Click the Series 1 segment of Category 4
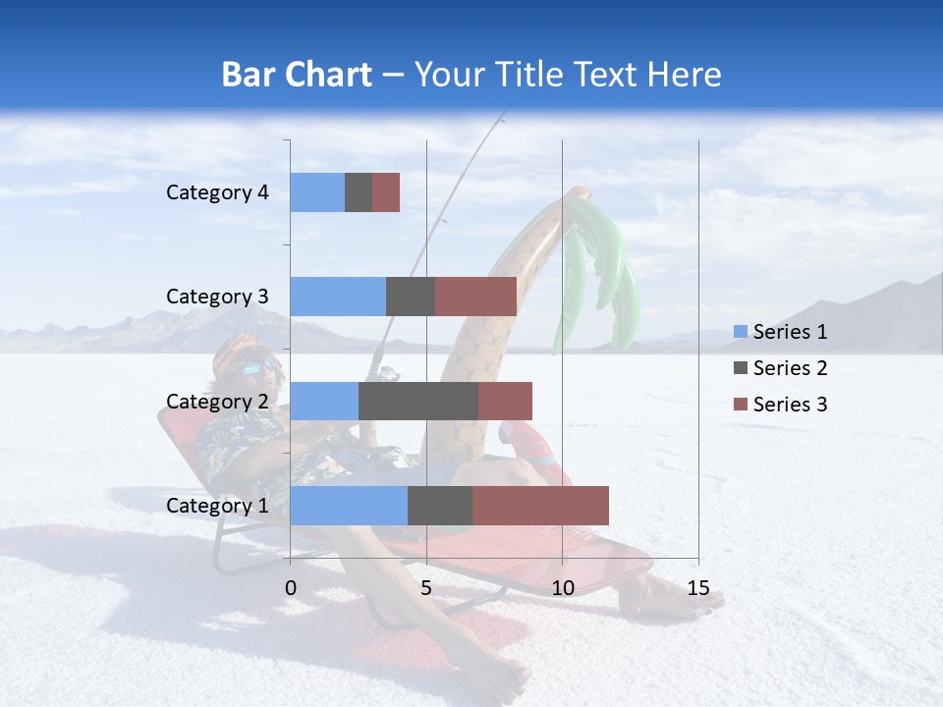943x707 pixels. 317,192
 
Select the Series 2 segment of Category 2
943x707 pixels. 418,401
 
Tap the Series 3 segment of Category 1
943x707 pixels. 540,506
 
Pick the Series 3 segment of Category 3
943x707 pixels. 475,297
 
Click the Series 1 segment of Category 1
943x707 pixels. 349,506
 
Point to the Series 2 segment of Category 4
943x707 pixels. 359,192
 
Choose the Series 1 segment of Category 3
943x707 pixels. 338,297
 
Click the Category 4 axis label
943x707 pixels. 217,192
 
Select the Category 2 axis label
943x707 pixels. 217,401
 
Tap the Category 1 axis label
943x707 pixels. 217,506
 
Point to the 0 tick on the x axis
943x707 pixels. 291,588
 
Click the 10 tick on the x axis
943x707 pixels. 562,588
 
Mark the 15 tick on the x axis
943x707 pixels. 698,588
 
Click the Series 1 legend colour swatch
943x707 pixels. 740,332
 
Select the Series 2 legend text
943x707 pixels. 790,368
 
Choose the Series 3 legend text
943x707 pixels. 790,405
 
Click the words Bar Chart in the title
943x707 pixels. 296,75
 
